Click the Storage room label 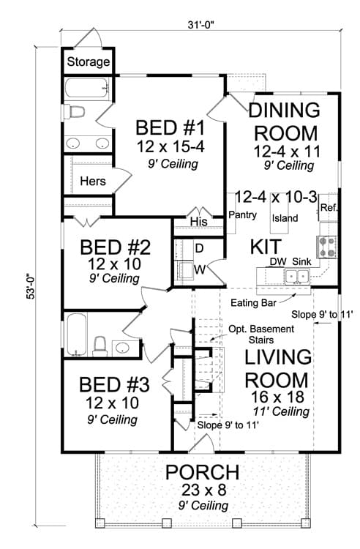(88, 62)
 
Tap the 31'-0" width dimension (200, 25)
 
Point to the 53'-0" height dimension (32, 286)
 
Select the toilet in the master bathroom (75, 112)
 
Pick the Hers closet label (93, 181)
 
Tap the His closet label (199, 221)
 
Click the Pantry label (242, 214)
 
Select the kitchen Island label (285, 218)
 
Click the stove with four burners (327, 247)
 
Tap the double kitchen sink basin (296, 276)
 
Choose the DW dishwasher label (278, 261)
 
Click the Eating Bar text (254, 303)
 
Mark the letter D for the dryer (199, 248)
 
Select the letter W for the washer (200, 269)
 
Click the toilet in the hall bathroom (100, 346)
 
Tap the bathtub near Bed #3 (76, 335)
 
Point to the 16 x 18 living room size (277, 397)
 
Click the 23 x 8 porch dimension (203, 490)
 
